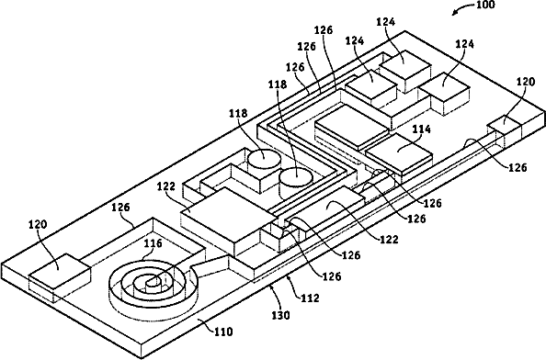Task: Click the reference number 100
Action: coord(484,5)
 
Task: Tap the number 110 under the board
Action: coord(223,332)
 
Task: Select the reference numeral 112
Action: coord(310,298)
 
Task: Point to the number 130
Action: coord(280,316)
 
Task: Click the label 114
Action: coord(422,129)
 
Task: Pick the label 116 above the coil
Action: coord(154,243)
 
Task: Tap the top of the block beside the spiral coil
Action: coord(60,271)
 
